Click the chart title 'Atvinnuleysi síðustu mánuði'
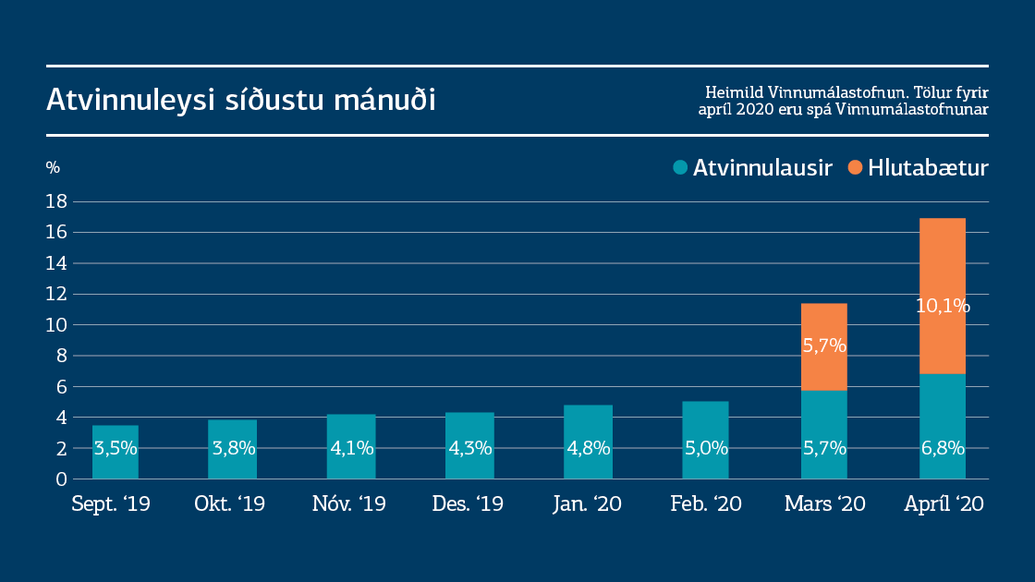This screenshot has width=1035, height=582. coord(240,101)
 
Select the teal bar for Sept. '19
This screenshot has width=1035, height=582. coord(116,452)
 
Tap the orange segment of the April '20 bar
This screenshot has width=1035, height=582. coord(942,277)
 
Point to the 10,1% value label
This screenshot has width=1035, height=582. coord(943,306)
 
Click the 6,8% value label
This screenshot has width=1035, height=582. coord(943,449)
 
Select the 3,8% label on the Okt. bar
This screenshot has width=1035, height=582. coord(234,449)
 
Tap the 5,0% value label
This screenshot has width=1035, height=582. coord(706,449)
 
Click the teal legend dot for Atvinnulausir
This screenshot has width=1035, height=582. coord(681,168)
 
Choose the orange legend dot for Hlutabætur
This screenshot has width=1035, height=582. coord(855,168)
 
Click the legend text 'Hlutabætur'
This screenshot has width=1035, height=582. coord(928,168)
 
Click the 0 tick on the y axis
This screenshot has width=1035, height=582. coord(61,479)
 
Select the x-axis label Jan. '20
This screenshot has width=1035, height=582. coord(587,504)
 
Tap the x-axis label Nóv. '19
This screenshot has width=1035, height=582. coord(349,504)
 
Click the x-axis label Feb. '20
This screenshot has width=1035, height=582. coord(705,504)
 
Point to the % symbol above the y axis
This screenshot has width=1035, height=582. coord(53,168)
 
